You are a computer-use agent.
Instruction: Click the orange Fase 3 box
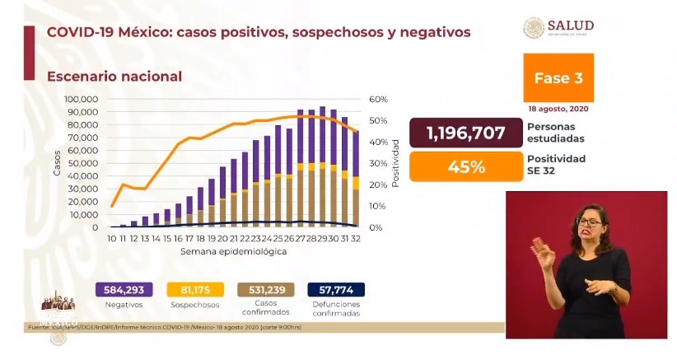(558, 78)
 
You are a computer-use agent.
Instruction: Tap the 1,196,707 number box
(465, 133)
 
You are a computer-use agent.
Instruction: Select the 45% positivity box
(465, 166)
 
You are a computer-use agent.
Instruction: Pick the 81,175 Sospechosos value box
(194, 290)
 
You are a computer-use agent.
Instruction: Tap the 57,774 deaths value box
(335, 290)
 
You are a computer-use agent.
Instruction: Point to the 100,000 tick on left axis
(82, 99)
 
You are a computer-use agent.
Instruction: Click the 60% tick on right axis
(379, 99)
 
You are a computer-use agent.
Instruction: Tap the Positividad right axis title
(396, 163)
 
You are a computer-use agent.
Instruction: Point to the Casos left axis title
(57, 163)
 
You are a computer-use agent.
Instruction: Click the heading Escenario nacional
(114, 76)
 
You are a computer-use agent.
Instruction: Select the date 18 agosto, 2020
(558, 109)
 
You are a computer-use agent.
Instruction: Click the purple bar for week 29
(322, 136)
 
